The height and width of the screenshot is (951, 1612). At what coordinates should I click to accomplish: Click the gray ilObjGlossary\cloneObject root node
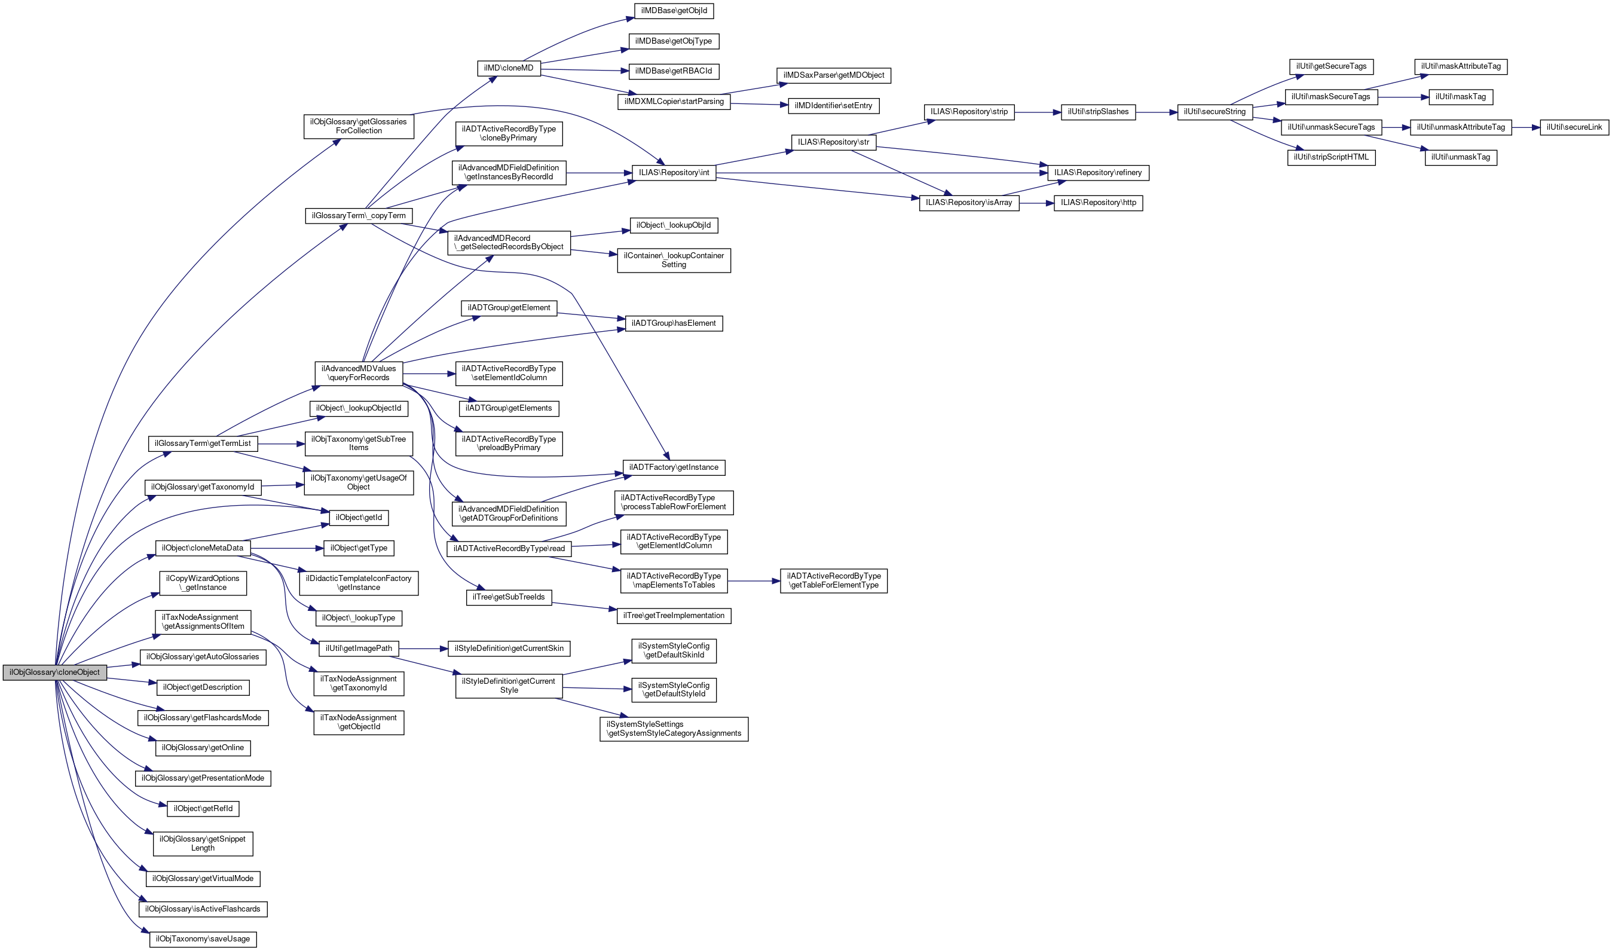click(54, 672)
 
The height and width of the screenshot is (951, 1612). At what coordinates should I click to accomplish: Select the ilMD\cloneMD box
click(509, 68)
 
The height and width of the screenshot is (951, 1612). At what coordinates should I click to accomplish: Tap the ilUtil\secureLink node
click(1574, 127)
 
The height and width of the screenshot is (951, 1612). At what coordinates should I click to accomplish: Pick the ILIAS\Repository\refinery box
click(1097, 172)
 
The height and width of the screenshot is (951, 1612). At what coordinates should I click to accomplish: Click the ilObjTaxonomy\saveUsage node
click(203, 939)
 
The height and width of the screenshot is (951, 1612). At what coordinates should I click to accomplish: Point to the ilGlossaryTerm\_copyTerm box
click(358, 215)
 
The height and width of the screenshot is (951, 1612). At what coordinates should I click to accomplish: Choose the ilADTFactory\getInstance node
click(674, 467)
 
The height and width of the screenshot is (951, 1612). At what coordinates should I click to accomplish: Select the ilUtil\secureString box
click(1214, 112)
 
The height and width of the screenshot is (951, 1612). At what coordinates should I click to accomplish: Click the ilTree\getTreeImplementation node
click(674, 615)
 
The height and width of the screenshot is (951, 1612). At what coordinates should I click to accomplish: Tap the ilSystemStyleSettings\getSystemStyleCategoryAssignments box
click(674, 729)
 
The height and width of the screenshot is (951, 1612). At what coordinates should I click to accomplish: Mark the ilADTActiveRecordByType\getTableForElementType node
click(833, 580)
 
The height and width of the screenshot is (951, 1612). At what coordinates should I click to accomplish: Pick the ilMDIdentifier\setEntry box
click(833, 105)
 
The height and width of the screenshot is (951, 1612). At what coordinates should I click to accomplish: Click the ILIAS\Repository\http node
click(1097, 203)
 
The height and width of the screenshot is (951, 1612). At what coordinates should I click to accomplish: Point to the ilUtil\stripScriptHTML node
click(1330, 157)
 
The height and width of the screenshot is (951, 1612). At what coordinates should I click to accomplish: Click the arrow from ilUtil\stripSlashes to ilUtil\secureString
click(1156, 112)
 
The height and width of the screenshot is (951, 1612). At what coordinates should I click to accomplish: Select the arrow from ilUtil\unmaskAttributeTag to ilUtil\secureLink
click(1525, 127)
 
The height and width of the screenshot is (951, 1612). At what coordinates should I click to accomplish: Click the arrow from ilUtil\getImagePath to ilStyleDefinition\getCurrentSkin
click(423, 649)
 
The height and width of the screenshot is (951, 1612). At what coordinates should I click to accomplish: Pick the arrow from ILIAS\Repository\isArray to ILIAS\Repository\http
click(1036, 203)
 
